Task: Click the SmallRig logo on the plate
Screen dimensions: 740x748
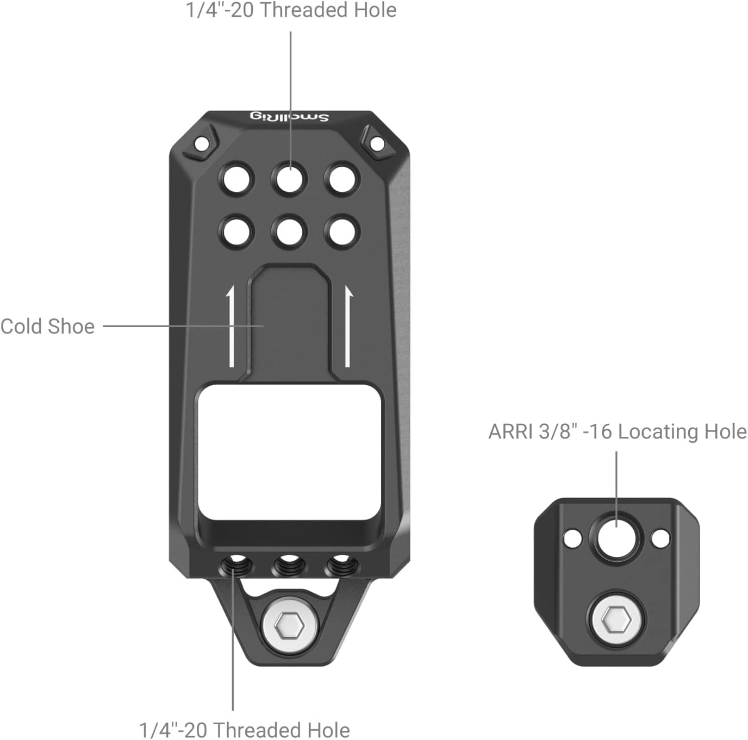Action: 289,117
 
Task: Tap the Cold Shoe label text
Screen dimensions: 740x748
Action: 47,327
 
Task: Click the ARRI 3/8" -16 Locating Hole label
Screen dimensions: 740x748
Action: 617,431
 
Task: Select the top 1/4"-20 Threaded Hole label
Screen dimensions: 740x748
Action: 291,10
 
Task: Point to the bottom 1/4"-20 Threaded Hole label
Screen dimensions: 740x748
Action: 244,729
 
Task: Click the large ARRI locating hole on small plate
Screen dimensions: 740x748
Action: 617,540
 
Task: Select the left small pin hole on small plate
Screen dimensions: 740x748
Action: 572,539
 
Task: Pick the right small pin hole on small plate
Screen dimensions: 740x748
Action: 660,538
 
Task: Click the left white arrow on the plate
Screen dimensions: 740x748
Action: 231,327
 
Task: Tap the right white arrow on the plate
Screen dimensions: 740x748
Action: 348,327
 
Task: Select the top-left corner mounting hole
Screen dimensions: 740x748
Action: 201,144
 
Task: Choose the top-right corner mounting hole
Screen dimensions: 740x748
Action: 377,144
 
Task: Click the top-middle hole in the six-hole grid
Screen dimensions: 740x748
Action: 290,178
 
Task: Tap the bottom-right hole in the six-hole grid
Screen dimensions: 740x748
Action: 342,232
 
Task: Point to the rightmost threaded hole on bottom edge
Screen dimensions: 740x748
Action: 339,566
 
